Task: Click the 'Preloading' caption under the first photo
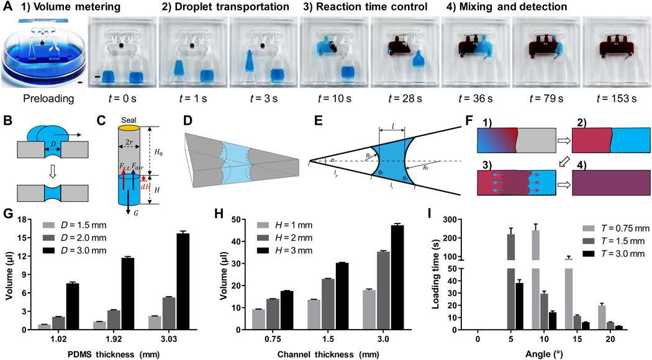coord(42,97)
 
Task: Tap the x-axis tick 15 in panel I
coord(578,341)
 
